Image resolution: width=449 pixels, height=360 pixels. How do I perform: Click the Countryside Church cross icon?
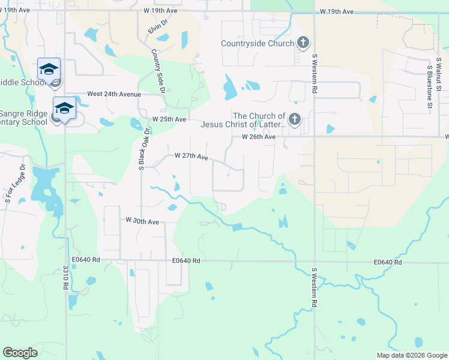click(x=304, y=43)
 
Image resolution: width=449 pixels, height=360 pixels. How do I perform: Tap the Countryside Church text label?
click(x=258, y=43)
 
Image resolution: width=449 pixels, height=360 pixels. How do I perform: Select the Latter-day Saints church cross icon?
click(x=294, y=119)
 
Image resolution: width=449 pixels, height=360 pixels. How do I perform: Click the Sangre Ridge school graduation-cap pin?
click(x=64, y=108)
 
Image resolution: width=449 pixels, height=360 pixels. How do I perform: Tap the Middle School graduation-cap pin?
click(x=49, y=69)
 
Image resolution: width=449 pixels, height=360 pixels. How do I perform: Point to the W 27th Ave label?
click(x=191, y=156)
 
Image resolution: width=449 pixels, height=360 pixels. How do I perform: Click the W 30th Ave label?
click(x=142, y=221)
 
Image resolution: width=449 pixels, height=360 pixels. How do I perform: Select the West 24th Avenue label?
click(x=114, y=94)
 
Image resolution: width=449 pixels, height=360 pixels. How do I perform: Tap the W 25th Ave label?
click(x=169, y=119)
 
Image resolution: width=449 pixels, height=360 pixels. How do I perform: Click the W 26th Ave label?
click(x=259, y=137)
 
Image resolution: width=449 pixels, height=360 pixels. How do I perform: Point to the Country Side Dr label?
click(x=158, y=71)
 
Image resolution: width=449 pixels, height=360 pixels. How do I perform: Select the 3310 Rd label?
click(x=65, y=277)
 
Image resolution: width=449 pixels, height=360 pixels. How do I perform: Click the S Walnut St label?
click(x=439, y=74)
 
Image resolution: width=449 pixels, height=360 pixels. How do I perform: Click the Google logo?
click(x=20, y=353)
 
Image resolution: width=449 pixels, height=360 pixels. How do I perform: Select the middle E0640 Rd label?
click(x=185, y=260)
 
